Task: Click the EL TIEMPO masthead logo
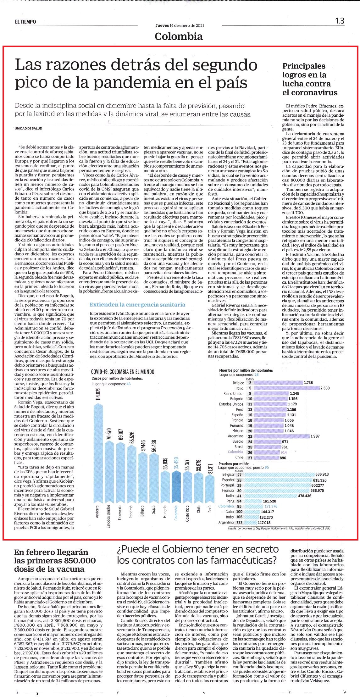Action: pyautogui.click(x=25, y=22)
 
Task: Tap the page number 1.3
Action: pyautogui.click(x=340, y=21)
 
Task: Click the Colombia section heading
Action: pyautogui.click(x=179, y=36)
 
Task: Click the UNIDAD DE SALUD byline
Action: pyautogui.click(x=28, y=128)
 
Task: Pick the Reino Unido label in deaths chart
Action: pyautogui.click(x=233, y=394)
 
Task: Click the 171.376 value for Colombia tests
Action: pyautogui.click(x=271, y=506)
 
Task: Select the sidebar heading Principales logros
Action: pyautogui.click(x=310, y=79)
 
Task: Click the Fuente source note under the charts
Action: pyautogui.click(x=279, y=528)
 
